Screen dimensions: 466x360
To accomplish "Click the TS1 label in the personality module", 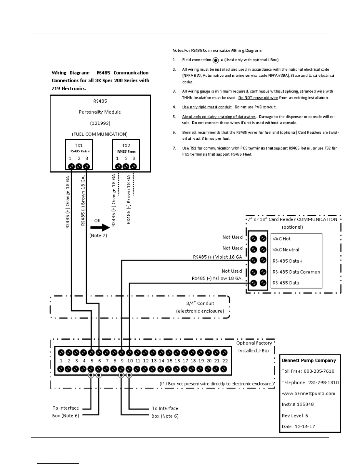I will tap(79, 145).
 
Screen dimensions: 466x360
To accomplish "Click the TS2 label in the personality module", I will tap(126, 145).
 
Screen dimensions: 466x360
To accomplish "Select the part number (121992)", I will tap(100, 123).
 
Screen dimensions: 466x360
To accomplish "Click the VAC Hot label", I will tap(281, 239).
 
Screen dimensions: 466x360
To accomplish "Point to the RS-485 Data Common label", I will tap(296, 272).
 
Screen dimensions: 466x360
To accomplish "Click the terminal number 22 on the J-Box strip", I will tap(225, 361).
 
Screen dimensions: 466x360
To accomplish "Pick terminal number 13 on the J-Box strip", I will tap(154, 361).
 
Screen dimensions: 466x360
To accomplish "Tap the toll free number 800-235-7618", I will tap(319, 371).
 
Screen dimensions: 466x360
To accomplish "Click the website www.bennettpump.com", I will tap(308, 393).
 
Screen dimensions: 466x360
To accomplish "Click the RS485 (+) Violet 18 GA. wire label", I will tap(218, 257).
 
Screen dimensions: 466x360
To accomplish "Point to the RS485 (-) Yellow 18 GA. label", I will tap(217, 278).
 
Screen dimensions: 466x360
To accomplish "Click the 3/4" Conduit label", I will tap(200, 303).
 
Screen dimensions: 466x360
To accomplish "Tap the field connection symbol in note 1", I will tap(216, 60).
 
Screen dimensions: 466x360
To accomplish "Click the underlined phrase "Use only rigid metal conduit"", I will tap(207, 107).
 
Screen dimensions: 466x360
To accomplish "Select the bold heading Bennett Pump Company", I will tap(309, 360).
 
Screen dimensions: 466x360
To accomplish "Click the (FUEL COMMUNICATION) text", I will tap(100, 134).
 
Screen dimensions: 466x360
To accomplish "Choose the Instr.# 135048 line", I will tap(298, 404).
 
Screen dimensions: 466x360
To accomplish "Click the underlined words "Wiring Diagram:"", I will tap(71, 73).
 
